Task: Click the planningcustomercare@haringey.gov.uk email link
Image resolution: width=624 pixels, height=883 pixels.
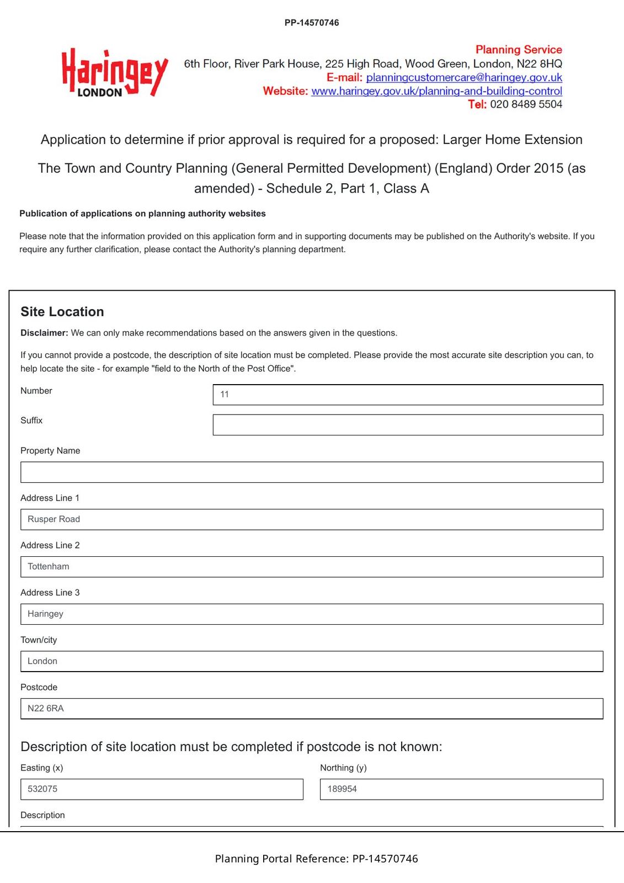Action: coord(464,77)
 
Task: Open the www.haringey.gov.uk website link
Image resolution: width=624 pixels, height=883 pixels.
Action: coord(436,91)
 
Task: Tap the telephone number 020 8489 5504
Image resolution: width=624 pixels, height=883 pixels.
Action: coord(526,104)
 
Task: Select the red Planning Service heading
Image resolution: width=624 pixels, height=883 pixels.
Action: coord(519,50)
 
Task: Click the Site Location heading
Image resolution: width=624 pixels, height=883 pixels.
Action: coord(62,312)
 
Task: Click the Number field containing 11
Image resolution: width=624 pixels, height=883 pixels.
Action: coord(408,395)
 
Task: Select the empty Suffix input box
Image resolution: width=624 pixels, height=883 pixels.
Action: coord(408,425)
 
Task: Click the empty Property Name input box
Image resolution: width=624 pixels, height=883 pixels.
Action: coord(312,472)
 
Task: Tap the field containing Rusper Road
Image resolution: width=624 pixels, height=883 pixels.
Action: coord(312,519)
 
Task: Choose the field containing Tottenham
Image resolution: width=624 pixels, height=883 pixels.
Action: coord(312,567)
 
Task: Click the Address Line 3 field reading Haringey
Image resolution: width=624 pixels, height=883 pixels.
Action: coord(312,614)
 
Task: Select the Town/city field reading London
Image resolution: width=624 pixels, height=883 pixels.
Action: coord(312,661)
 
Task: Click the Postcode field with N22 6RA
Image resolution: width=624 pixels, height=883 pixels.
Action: coord(312,709)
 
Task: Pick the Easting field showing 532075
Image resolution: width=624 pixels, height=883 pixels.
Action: coord(162,789)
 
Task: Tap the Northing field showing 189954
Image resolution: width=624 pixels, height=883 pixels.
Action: coord(461,789)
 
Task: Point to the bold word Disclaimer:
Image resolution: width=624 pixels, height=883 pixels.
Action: coord(44,333)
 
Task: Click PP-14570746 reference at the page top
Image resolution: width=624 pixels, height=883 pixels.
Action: coord(312,23)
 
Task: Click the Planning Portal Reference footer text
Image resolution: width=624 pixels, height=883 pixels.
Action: coord(316,859)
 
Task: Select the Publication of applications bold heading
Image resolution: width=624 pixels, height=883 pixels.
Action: coord(142,214)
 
